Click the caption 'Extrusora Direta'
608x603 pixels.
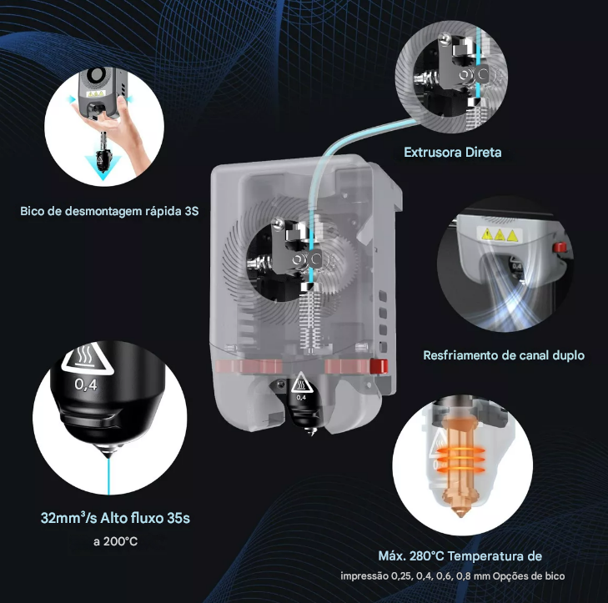453,152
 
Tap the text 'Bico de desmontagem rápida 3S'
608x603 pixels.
109,211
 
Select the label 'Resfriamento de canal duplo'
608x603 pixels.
504,355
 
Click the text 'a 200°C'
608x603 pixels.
116,541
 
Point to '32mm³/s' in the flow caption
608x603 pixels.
68,518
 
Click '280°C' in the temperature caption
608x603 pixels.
426,556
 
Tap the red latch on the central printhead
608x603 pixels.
379,366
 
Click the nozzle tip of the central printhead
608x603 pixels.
311,431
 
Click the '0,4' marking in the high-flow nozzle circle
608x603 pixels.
86,384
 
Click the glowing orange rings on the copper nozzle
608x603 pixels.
460,460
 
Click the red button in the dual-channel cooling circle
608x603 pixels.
560,247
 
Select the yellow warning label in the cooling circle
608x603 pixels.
500,234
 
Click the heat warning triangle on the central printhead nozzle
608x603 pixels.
300,383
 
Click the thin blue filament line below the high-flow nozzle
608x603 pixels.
108,477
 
